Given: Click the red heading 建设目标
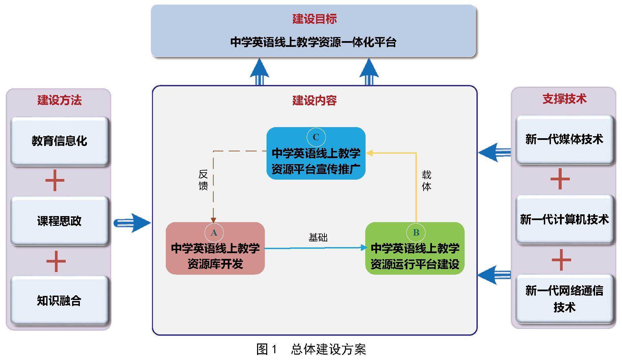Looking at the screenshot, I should [x=314, y=19].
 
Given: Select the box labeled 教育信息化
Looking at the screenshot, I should [x=59, y=141].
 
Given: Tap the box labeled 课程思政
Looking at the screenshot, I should [x=59, y=221].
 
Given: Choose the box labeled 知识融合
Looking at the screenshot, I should [x=59, y=300].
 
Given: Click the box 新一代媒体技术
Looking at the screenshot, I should [x=564, y=139].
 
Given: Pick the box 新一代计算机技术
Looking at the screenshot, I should [x=564, y=219].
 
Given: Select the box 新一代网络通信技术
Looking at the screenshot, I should [x=564, y=299].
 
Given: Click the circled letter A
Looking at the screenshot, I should [x=214, y=233].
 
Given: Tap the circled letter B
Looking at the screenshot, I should [x=416, y=233].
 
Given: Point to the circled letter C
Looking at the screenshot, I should [x=316, y=137].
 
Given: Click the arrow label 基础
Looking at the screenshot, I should [x=318, y=238].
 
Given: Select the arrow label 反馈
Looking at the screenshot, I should [x=203, y=180].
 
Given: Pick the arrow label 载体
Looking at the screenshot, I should [x=426, y=181].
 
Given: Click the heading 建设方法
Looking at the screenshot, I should [x=59, y=100].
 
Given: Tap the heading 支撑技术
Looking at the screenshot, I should [x=564, y=99].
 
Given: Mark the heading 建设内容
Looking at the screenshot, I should [x=314, y=100].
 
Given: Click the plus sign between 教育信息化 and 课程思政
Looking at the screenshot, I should [x=55, y=181].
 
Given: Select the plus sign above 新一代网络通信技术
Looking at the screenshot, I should [x=561, y=260].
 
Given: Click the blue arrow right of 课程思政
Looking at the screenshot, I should [x=132, y=222].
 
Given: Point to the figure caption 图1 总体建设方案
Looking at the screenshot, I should [x=311, y=349].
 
